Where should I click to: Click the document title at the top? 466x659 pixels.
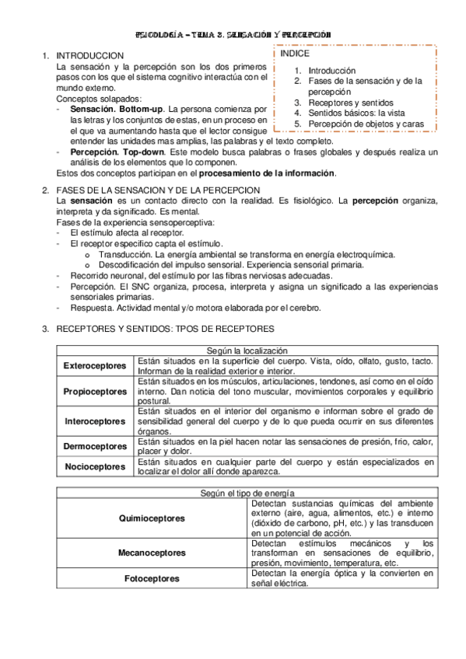[x=233, y=35]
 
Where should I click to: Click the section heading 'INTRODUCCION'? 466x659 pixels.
[x=90, y=57]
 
